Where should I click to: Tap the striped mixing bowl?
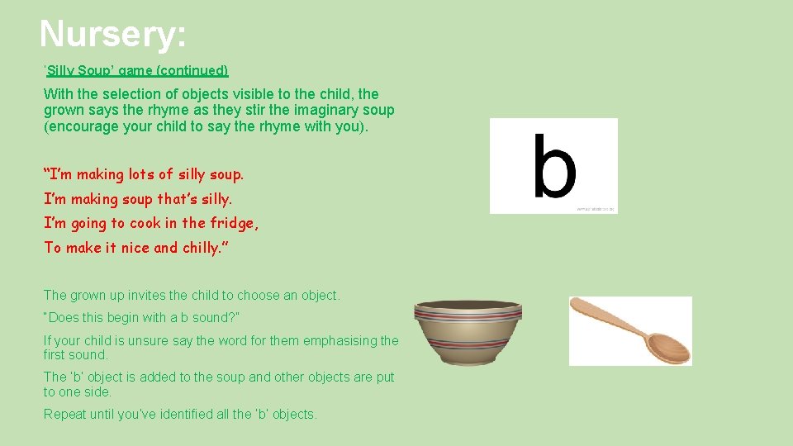[x=468, y=332]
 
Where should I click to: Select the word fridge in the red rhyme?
[x=232, y=223]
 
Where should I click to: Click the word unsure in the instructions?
[x=131, y=340]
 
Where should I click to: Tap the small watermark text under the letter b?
[x=595, y=210]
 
